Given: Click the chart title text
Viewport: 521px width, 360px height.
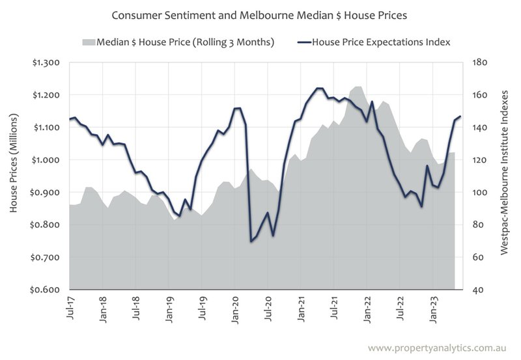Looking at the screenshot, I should click(x=260, y=14).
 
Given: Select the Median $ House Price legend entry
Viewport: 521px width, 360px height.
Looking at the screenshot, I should click(x=185, y=42).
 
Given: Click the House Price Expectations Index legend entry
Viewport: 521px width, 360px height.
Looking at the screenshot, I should click(x=381, y=42).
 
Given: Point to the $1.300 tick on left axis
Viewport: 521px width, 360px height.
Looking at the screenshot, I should click(x=46, y=62).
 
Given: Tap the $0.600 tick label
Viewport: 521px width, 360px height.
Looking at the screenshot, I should click(x=46, y=290).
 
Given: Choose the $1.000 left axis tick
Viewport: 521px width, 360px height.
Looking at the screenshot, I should click(x=46, y=160).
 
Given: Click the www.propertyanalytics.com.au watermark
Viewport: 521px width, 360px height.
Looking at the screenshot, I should click(x=441, y=348).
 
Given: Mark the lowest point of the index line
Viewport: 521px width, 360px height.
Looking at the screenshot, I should click(x=251, y=242).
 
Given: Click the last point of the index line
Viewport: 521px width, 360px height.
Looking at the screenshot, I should click(x=460, y=117).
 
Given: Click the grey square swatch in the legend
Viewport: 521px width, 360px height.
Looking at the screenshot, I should click(x=89, y=42).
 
